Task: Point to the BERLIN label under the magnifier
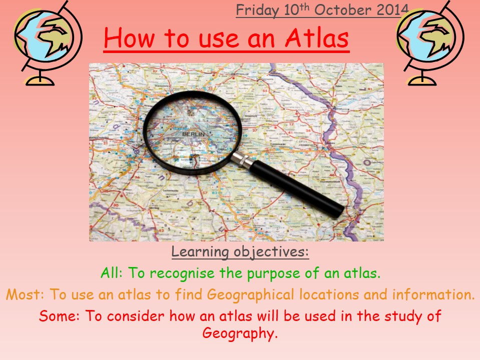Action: [190, 134]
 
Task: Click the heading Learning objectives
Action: [240, 252]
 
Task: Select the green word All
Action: [109, 273]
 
